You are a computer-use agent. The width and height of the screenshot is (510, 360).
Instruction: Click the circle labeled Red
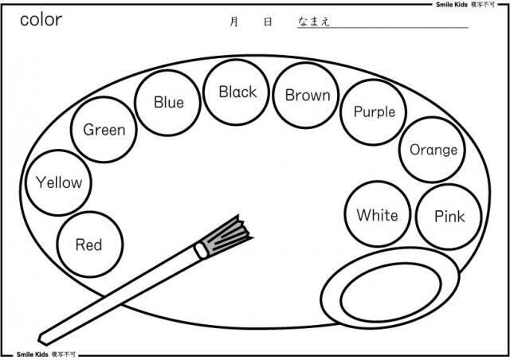(x=88, y=244)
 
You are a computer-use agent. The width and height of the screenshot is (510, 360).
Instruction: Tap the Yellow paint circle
(x=59, y=182)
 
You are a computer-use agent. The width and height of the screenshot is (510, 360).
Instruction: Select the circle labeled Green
(x=104, y=129)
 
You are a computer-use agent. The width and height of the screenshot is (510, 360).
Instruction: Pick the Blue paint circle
(x=168, y=101)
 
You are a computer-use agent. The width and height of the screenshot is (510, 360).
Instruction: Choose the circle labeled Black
(x=237, y=92)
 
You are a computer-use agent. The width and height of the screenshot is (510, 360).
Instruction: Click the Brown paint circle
(x=307, y=96)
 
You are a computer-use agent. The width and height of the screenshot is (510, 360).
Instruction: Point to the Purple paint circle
(x=374, y=112)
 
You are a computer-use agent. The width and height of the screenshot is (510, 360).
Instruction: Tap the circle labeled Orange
(x=433, y=150)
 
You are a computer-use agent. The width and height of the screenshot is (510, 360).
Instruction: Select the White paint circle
(x=377, y=215)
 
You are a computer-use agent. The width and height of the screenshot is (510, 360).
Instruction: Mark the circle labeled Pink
(x=449, y=217)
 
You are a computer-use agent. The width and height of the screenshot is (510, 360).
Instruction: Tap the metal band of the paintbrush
(x=201, y=249)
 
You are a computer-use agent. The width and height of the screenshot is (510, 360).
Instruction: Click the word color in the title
(x=41, y=20)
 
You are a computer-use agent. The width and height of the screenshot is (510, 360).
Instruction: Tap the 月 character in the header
(x=233, y=22)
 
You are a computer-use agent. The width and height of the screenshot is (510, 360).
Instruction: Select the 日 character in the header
(x=268, y=22)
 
